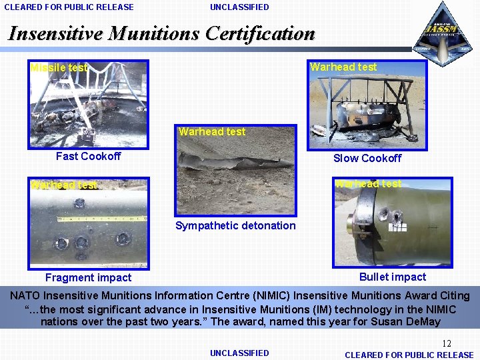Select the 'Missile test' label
pyautogui.click(x=59, y=67)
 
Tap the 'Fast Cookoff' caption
pyautogui.click(x=88, y=156)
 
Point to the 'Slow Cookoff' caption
pyautogui.click(x=367, y=158)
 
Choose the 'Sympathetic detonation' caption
pyautogui.click(x=235, y=225)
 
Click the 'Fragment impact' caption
pyautogui.click(x=88, y=277)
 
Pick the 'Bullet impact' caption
pyautogui.click(x=392, y=277)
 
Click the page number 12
pyautogui.click(x=447, y=343)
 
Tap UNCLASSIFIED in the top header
pyautogui.click(x=239, y=7)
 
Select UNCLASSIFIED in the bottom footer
pyautogui.click(x=239, y=353)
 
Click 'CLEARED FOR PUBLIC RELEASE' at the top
pyautogui.click(x=69, y=7)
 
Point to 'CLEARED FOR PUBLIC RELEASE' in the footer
pyautogui.click(x=409, y=355)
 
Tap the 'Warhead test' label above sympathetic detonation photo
pyautogui.click(x=212, y=132)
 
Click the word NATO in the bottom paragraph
pyautogui.click(x=25, y=295)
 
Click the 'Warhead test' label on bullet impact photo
pyautogui.click(x=368, y=184)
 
